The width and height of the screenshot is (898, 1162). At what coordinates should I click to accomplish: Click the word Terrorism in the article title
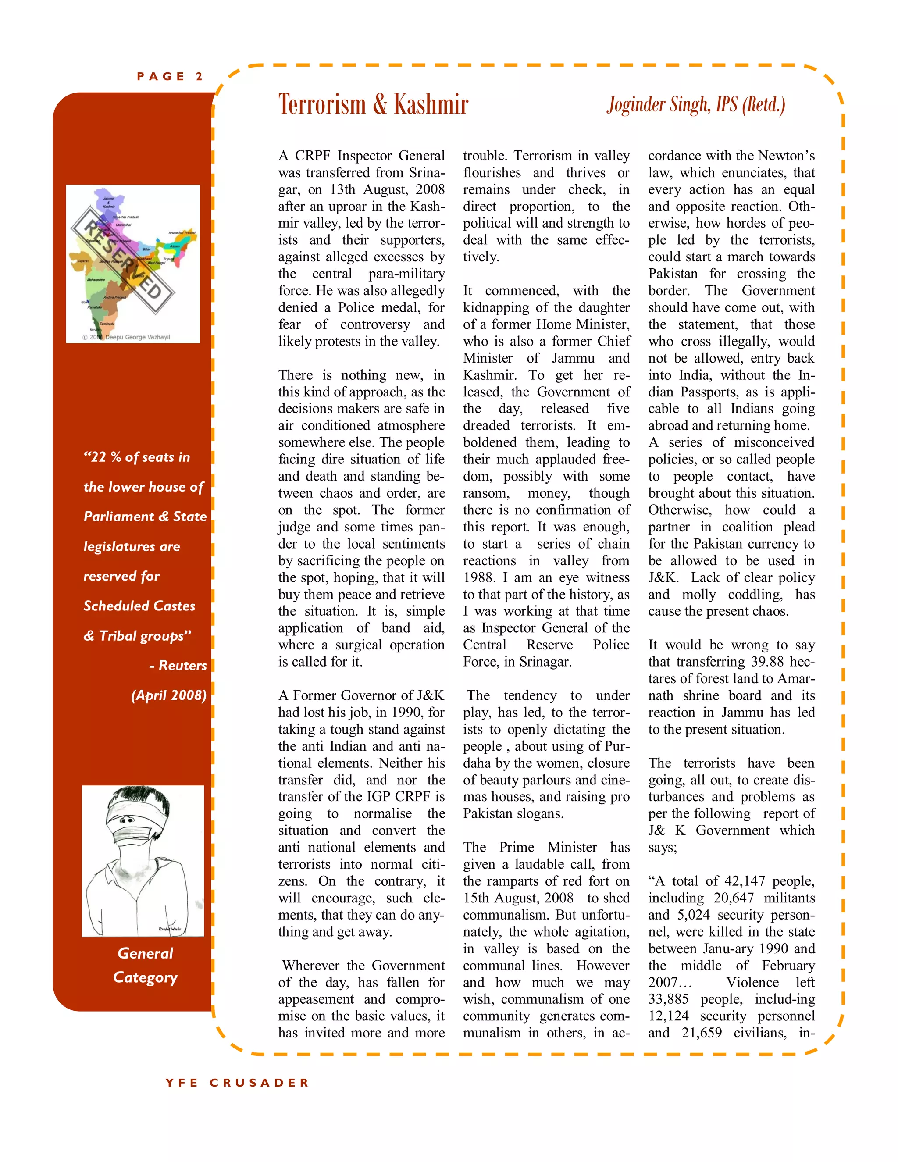tap(322, 104)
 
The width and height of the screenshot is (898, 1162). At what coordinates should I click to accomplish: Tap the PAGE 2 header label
tap(169, 77)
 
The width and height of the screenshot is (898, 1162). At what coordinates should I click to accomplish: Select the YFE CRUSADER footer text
tap(237, 1083)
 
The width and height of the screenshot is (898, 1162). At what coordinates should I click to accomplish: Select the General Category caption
tap(145, 965)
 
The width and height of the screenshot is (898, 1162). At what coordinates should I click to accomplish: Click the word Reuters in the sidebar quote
tap(182, 666)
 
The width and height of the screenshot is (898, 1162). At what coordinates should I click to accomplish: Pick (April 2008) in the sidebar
tap(169, 695)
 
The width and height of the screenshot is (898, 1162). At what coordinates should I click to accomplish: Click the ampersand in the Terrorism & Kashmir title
tap(379, 104)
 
